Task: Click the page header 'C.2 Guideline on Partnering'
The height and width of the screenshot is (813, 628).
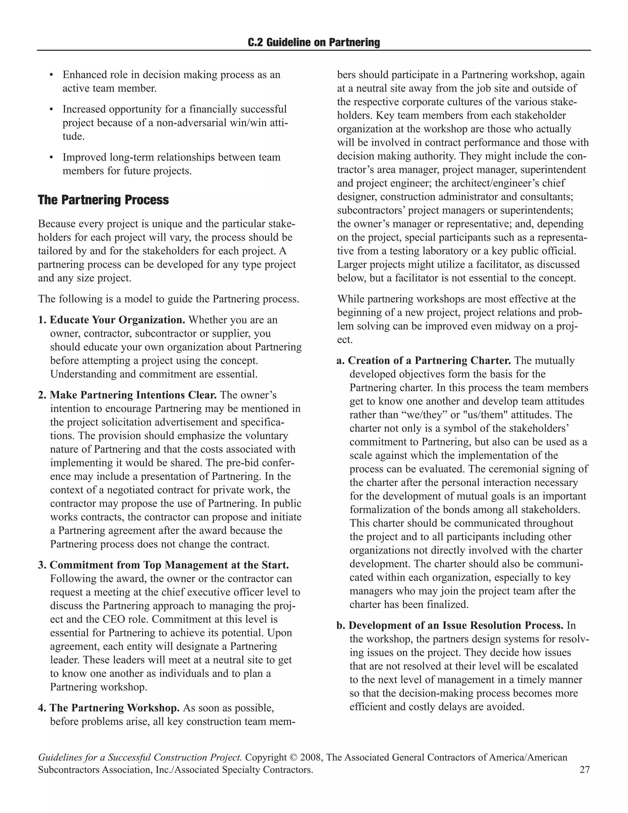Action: [314, 42]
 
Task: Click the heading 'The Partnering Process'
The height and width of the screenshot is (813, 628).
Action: [103, 200]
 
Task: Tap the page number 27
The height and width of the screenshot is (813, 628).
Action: [584, 769]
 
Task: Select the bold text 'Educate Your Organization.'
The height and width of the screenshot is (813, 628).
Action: [117, 320]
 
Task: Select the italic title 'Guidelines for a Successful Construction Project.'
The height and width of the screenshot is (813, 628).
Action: [140, 757]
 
